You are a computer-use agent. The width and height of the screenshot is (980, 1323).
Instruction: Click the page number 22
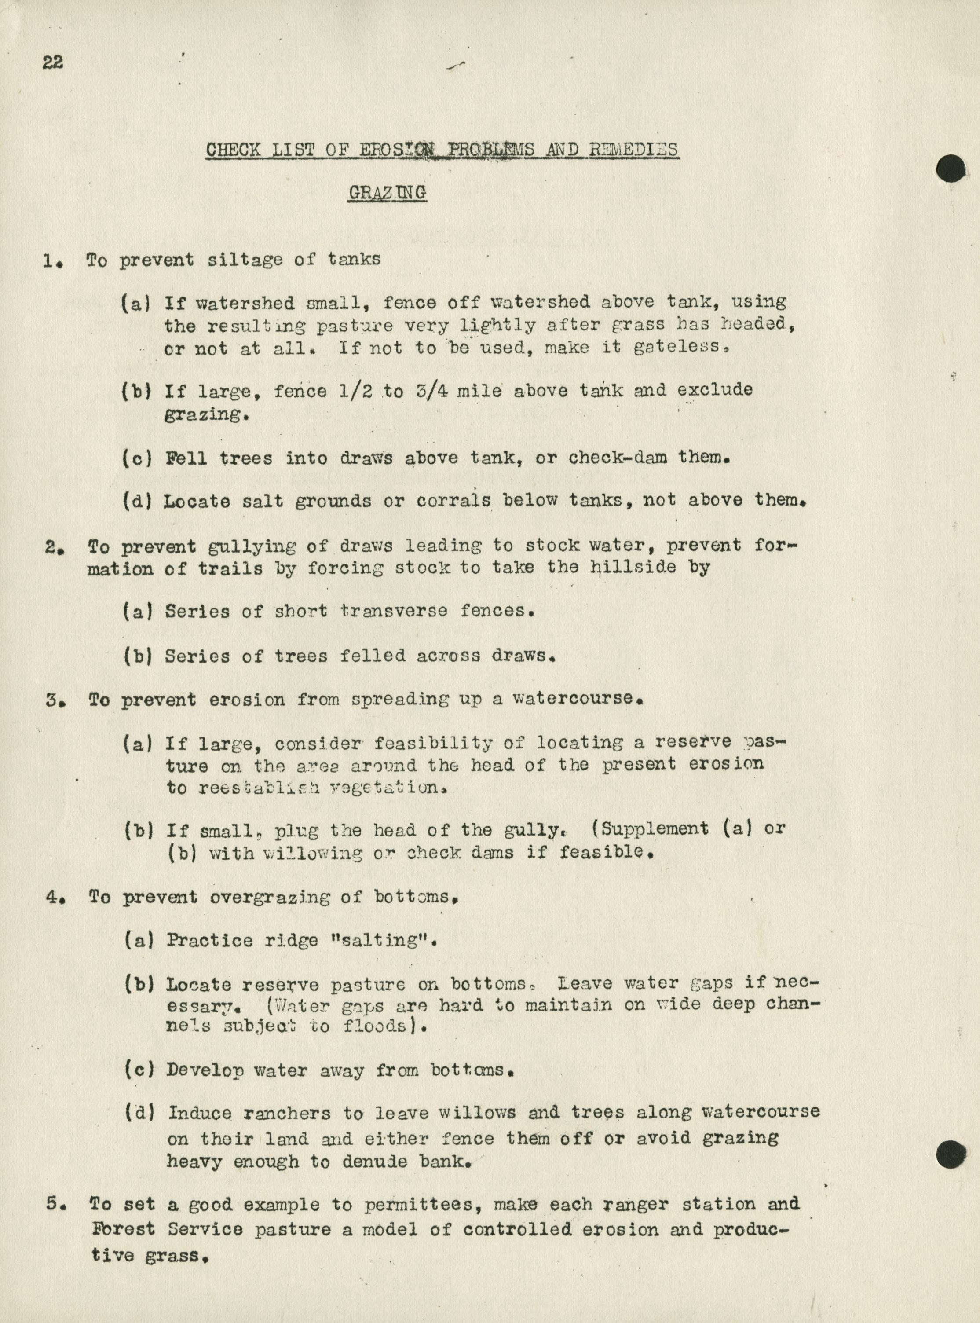pos(53,63)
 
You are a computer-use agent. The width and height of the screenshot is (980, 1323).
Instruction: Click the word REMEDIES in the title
pos(633,150)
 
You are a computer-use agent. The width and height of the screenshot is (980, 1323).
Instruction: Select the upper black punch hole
pos(951,169)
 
